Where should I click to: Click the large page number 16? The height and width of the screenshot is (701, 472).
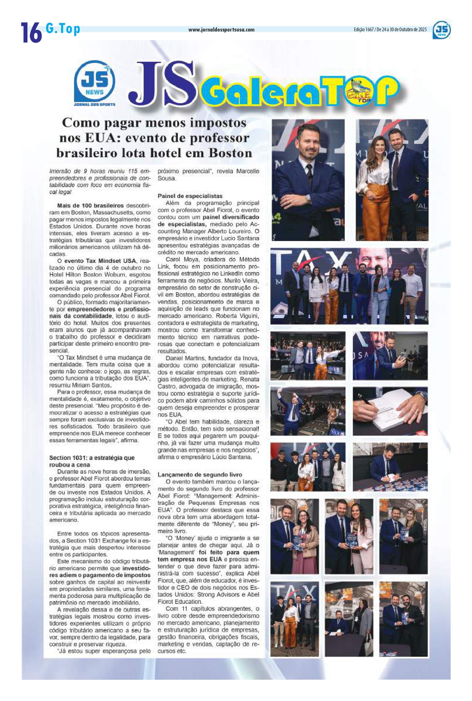pos(31,32)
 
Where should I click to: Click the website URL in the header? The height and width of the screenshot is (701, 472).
pos(221,30)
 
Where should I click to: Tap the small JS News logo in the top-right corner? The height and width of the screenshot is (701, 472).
pos(442,31)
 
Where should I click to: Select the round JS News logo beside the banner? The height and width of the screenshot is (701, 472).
pos(94,82)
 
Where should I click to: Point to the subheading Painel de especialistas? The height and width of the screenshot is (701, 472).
pos(190,196)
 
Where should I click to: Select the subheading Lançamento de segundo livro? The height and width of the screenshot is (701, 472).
pos(200,474)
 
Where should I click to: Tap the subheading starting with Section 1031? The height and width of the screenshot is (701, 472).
pos(92,458)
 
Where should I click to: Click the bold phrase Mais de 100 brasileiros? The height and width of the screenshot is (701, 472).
pos(91,206)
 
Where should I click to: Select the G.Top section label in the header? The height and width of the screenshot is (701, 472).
pos(63,29)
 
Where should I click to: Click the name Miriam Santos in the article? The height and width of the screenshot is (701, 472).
pos(96,385)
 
